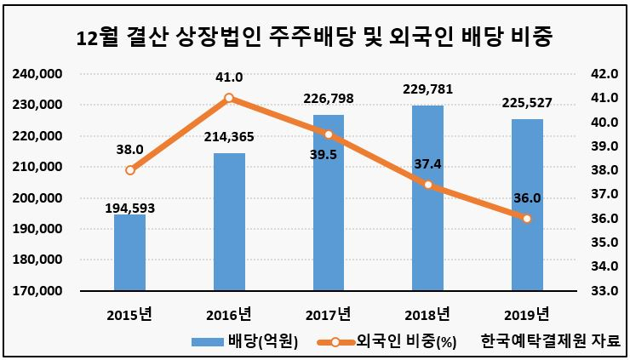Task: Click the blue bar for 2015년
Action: tap(129, 252)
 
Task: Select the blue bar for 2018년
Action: tap(428, 197)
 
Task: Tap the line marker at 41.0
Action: tap(229, 98)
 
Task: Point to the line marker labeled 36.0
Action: tap(527, 219)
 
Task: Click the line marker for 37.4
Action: tap(428, 185)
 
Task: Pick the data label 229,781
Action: tap(428, 89)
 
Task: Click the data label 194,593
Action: tap(129, 209)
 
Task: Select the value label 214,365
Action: tap(229, 137)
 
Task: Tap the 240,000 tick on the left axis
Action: tap(37, 74)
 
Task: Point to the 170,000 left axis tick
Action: tap(37, 290)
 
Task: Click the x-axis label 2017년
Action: tap(329, 315)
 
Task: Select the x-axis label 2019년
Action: tap(527, 315)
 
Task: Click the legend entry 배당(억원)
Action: tap(244, 342)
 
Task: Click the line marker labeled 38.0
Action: tap(129, 170)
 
